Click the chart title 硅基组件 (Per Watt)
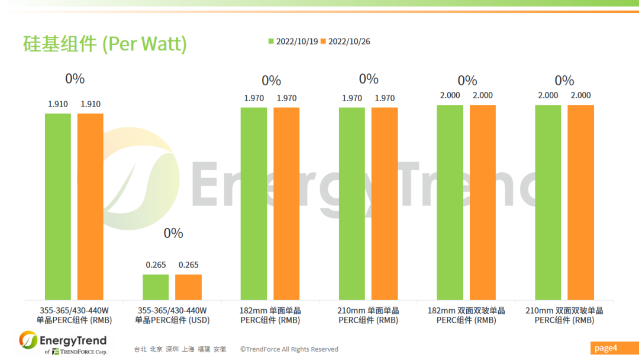105,44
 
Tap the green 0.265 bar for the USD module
156,287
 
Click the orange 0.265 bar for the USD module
188,287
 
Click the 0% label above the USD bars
173,233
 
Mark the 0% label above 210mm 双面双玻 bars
564,81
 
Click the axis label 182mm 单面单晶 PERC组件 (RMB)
270,315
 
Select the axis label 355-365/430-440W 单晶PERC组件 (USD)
172,315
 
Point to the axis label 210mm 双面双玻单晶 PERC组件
564,315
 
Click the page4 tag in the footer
605,348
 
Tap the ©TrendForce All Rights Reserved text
289,349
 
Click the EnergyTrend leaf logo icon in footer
28,340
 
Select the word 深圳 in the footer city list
172,349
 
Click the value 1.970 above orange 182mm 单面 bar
286,98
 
